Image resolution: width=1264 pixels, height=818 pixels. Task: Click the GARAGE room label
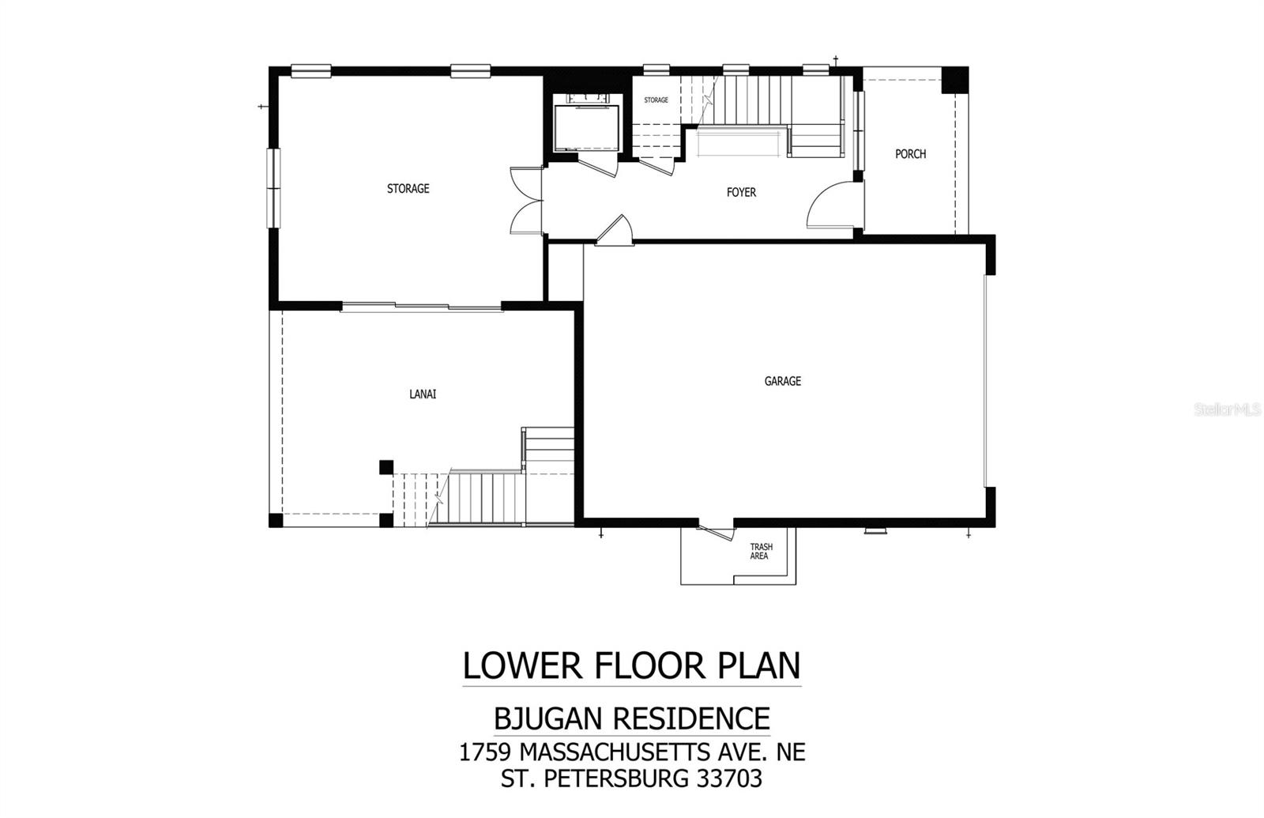[782, 381]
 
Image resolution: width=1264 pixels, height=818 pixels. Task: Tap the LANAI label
[423, 394]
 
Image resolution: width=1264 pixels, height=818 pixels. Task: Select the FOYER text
[741, 192]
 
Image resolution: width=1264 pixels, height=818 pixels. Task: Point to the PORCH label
[910, 154]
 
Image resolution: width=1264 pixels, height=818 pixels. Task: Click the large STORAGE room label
[408, 188]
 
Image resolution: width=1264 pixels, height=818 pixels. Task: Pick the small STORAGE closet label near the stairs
[656, 100]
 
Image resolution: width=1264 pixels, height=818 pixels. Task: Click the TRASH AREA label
[761, 551]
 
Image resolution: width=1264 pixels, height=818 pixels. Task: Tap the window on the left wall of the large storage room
[273, 188]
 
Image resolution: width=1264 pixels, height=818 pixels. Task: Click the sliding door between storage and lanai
[421, 307]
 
